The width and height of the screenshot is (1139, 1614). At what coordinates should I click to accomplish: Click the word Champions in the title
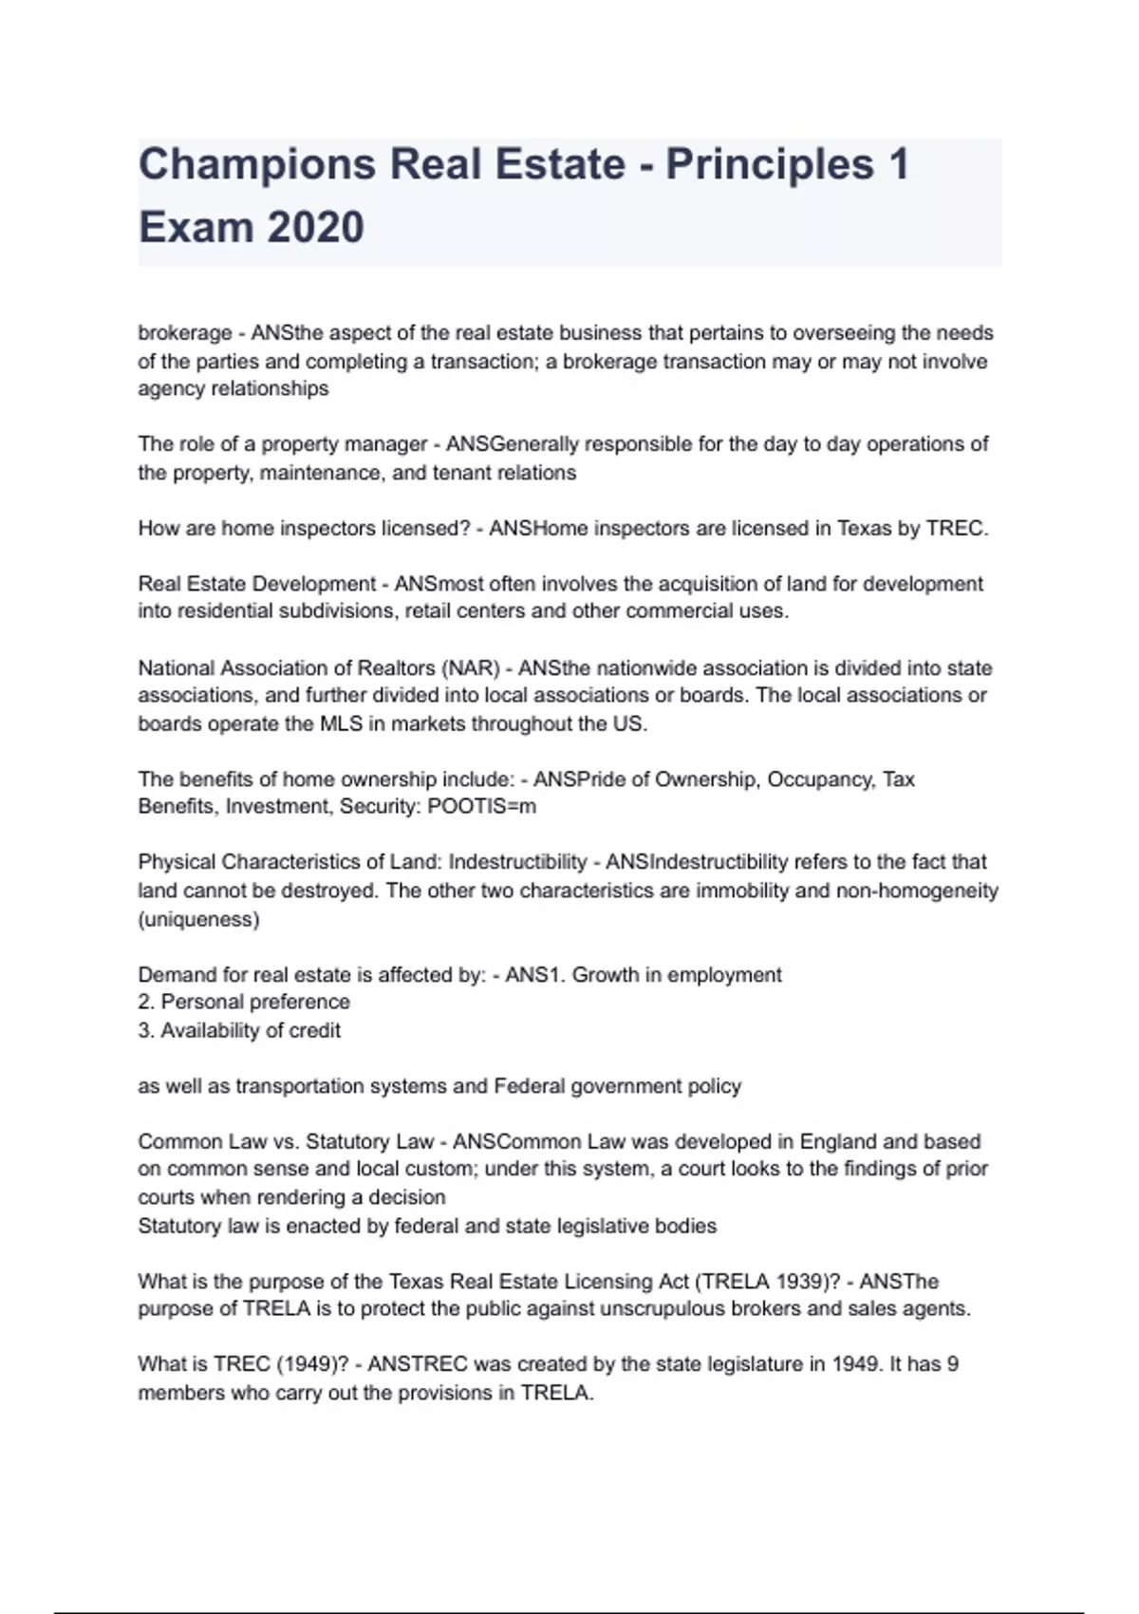point(257,165)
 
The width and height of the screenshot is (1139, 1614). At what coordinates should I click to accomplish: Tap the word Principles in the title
point(769,165)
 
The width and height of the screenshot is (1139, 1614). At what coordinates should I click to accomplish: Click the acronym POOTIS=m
point(482,807)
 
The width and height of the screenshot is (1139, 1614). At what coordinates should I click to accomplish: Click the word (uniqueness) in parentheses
point(198,919)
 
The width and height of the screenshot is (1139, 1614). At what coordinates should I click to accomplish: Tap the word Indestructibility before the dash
point(517,862)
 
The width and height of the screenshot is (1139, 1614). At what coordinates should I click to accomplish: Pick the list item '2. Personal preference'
point(244,1002)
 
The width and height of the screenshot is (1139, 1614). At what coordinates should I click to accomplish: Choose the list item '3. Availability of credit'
point(239,1030)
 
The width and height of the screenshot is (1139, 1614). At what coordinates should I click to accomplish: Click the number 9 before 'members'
point(953,1364)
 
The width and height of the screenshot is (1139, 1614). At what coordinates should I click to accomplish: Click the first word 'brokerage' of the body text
point(185,333)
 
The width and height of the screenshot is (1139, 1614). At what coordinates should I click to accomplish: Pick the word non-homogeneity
point(917,891)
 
